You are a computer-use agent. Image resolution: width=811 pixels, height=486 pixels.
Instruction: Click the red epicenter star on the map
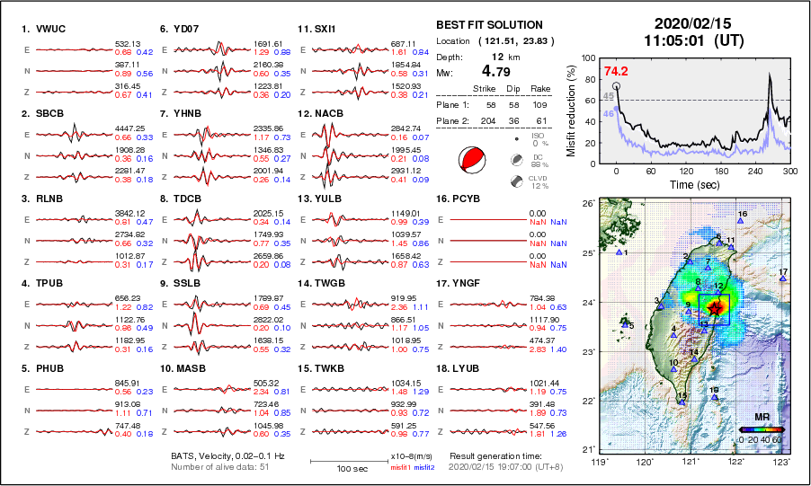pos(715,307)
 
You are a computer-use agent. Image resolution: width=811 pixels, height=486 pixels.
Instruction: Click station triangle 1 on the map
pos(619,252)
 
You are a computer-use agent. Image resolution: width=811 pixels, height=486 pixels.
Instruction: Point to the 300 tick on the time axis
pos(790,171)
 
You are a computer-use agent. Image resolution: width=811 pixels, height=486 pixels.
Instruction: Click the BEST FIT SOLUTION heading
pos(489,25)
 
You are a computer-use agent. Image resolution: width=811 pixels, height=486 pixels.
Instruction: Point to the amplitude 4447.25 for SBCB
pos(127,128)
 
